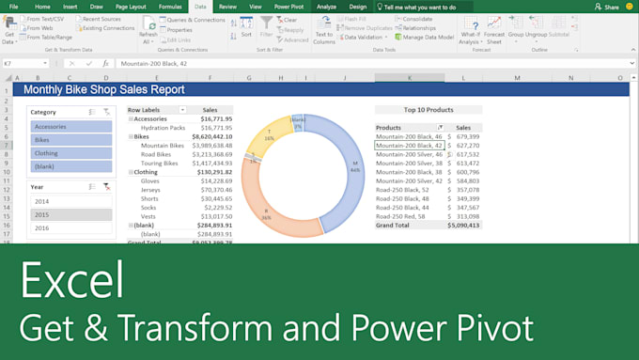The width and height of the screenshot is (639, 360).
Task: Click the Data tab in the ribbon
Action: click(200, 6)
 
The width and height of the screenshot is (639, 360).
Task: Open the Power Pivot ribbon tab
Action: click(288, 6)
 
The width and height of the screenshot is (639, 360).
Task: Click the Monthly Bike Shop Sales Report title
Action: click(103, 90)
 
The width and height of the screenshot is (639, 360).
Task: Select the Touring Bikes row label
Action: click(159, 164)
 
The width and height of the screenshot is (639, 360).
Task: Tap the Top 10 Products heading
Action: click(428, 110)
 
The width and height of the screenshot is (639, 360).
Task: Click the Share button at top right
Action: click(608, 7)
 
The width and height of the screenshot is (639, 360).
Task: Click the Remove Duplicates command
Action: click(369, 28)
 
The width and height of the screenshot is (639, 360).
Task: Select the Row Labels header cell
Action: click(150, 110)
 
